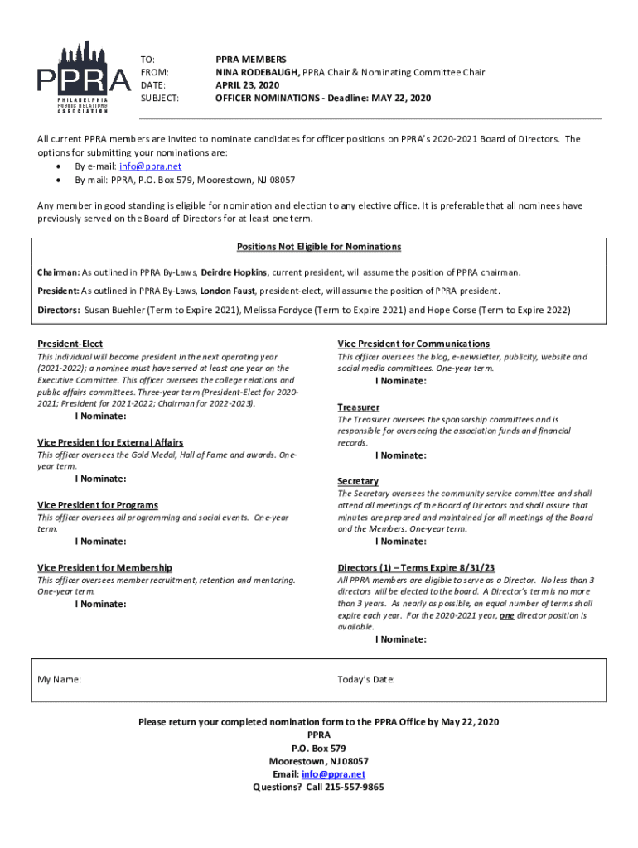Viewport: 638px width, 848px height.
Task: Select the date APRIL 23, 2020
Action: [x=246, y=85]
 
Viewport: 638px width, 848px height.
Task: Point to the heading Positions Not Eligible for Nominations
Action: [x=319, y=247]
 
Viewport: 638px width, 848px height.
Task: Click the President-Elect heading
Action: [x=70, y=344]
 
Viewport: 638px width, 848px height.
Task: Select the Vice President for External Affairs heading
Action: [x=110, y=443]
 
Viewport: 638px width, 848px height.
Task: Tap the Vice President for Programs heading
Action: [x=98, y=505]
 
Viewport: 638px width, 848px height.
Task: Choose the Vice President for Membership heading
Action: [x=104, y=568]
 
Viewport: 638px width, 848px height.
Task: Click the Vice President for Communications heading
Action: [x=413, y=344]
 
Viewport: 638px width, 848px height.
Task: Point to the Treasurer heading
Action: [x=358, y=407]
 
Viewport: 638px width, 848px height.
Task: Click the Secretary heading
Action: [x=358, y=481]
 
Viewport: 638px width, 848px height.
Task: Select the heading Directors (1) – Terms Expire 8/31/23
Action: [x=416, y=568]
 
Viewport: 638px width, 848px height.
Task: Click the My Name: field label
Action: [x=60, y=680]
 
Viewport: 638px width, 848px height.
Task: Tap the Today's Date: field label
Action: [x=366, y=680]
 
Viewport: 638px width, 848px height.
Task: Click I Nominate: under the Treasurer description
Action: [x=401, y=455]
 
